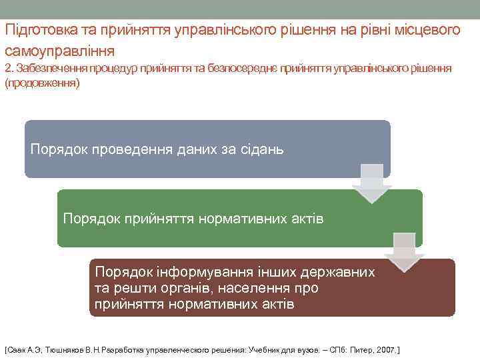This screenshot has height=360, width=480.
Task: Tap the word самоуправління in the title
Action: (60, 50)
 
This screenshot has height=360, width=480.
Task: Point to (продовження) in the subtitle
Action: (42, 83)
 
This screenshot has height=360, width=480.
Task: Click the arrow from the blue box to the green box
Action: (371, 183)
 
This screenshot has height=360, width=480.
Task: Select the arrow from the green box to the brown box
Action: (403, 253)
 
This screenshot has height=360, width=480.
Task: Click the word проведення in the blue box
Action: (128, 149)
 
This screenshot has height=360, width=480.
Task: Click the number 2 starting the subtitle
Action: (8, 69)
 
